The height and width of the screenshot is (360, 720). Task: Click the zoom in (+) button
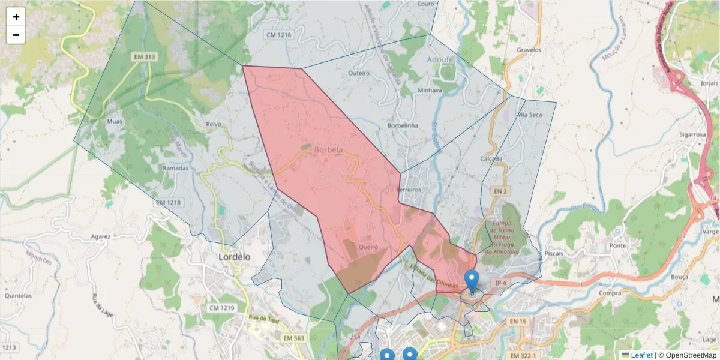16,17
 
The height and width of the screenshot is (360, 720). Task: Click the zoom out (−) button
16,35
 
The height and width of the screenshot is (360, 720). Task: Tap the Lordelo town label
234,257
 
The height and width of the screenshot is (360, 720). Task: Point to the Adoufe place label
441,60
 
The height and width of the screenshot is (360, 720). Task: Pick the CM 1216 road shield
278,35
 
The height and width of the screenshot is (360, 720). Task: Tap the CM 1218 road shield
168,203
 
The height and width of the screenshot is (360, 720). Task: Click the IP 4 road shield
500,282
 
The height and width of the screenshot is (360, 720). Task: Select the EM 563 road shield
292,338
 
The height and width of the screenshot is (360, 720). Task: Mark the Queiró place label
367,247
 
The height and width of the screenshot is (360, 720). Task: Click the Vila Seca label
530,115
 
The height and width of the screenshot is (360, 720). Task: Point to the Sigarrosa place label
693,135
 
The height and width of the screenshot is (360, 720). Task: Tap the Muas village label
114,122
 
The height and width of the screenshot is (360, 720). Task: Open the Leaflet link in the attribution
641,355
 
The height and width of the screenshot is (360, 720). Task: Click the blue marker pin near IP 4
472,281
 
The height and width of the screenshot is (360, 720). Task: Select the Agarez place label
100,236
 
